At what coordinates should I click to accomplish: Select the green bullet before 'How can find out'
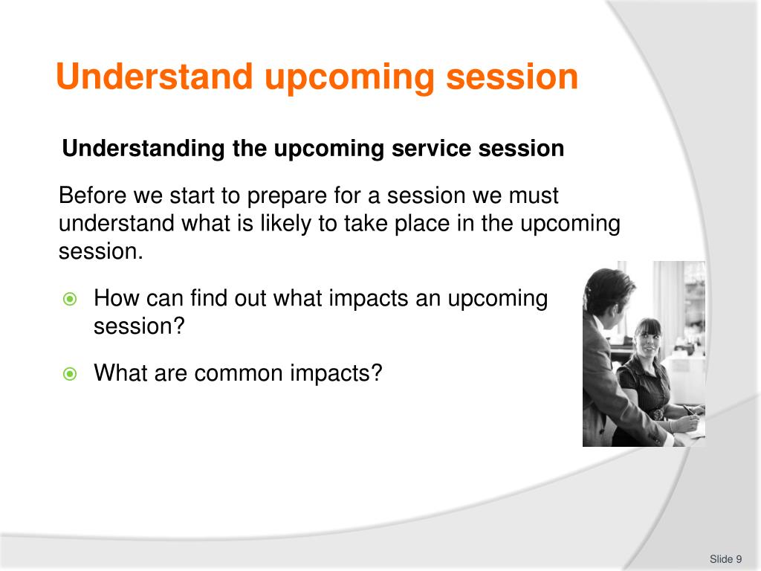point(70,299)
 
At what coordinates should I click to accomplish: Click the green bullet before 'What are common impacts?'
point(70,374)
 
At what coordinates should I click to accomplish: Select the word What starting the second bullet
point(120,373)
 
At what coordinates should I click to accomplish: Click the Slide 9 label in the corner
point(725,559)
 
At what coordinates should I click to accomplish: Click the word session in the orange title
point(512,77)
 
